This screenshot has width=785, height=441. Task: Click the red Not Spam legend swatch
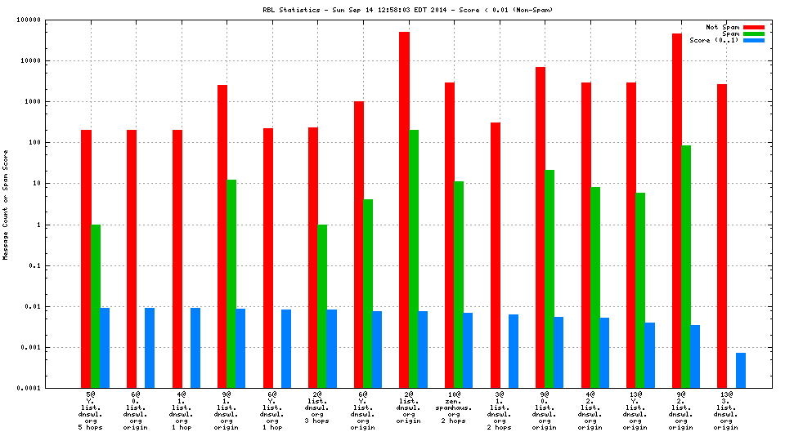[x=753, y=27]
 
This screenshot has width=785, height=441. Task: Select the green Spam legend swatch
[x=753, y=33]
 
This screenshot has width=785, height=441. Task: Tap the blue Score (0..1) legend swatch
[x=753, y=40]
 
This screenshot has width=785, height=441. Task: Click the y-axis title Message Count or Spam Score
[x=6, y=204]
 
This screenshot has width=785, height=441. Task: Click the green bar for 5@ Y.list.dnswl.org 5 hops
[x=96, y=306]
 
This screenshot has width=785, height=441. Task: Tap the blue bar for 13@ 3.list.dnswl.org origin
[x=740, y=371]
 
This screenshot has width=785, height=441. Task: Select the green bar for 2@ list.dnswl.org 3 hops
[x=322, y=306]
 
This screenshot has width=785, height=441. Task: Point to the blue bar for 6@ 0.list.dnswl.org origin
[x=150, y=348]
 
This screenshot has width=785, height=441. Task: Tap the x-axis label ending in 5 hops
[x=91, y=412]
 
